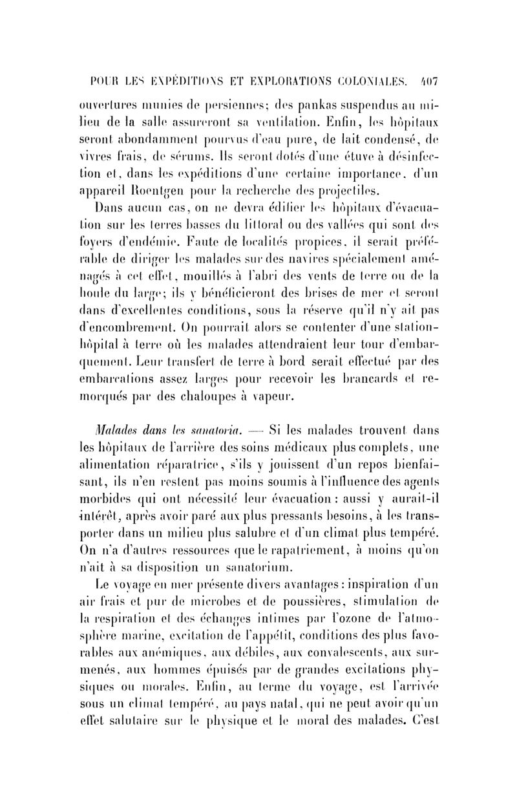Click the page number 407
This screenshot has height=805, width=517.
pyautogui.click(x=428, y=81)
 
